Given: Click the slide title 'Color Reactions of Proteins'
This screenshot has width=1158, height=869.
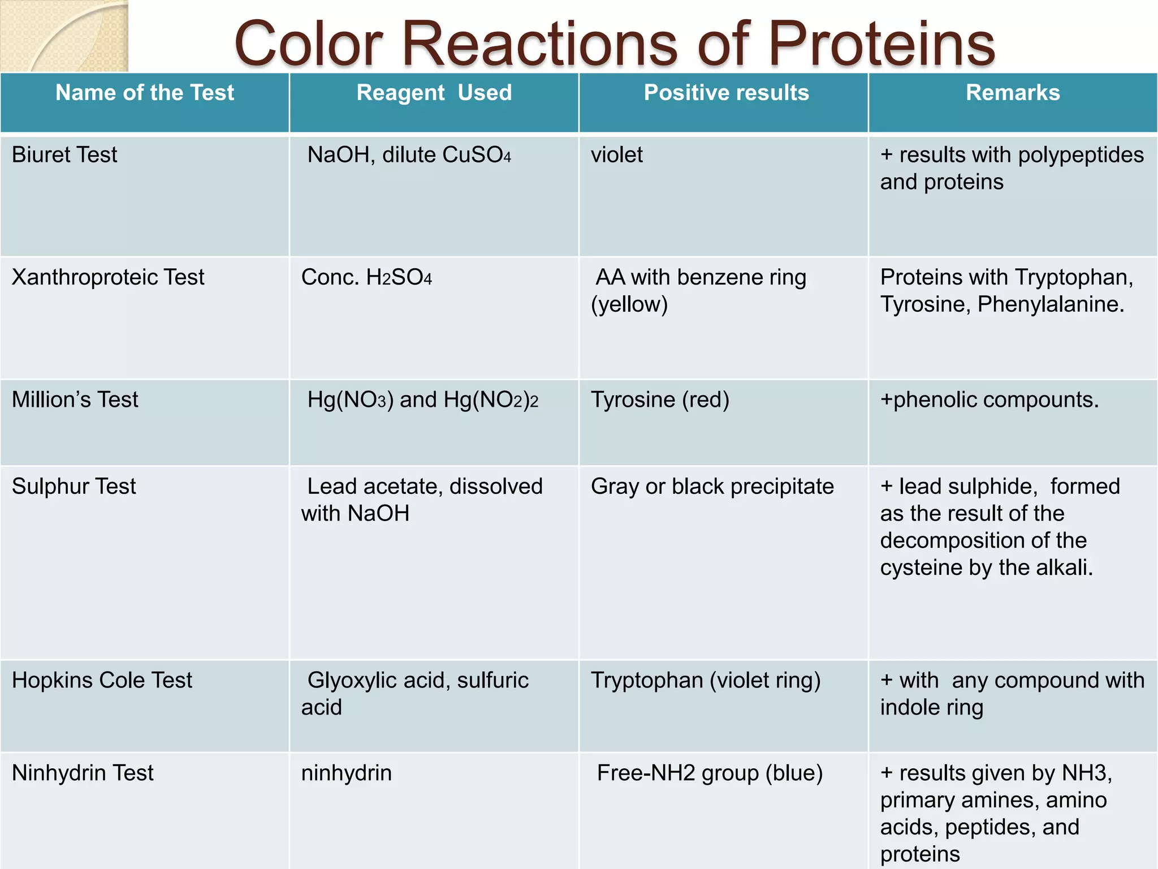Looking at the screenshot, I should (615, 44).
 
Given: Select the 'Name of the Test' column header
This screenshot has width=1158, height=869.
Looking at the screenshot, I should (145, 93).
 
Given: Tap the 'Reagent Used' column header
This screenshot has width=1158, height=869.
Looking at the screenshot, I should (434, 93).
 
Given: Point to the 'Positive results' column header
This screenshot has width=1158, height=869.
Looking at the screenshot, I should (727, 93).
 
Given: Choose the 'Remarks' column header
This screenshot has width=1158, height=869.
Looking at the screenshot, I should (1013, 93).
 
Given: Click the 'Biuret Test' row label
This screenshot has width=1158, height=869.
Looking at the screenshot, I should (64, 155).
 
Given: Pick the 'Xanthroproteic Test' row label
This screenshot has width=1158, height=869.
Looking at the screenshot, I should (108, 277).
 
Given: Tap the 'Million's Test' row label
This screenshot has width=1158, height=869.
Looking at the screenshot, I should (75, 400).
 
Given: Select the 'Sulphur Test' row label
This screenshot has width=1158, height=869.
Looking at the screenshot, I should (74, 487).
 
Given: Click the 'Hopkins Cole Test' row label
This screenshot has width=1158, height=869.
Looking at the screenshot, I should (102, 680).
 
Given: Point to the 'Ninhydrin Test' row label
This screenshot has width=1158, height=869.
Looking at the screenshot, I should (83, 773).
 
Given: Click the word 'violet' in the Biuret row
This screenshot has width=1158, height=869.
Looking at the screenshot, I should (617, 155).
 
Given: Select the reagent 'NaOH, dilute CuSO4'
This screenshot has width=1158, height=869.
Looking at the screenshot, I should (409, 155).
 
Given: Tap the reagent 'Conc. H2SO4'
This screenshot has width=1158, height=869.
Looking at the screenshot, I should (366, 278).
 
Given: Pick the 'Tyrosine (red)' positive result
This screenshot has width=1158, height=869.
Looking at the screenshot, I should (660, 400).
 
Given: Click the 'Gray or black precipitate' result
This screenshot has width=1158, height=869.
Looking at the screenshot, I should (712, 487).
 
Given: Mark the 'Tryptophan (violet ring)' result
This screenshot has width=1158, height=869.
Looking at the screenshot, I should (706, 680).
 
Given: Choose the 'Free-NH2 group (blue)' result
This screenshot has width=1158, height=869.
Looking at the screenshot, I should (710, 773).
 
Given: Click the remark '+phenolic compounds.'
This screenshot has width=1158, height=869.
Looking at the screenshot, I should (990, 400).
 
